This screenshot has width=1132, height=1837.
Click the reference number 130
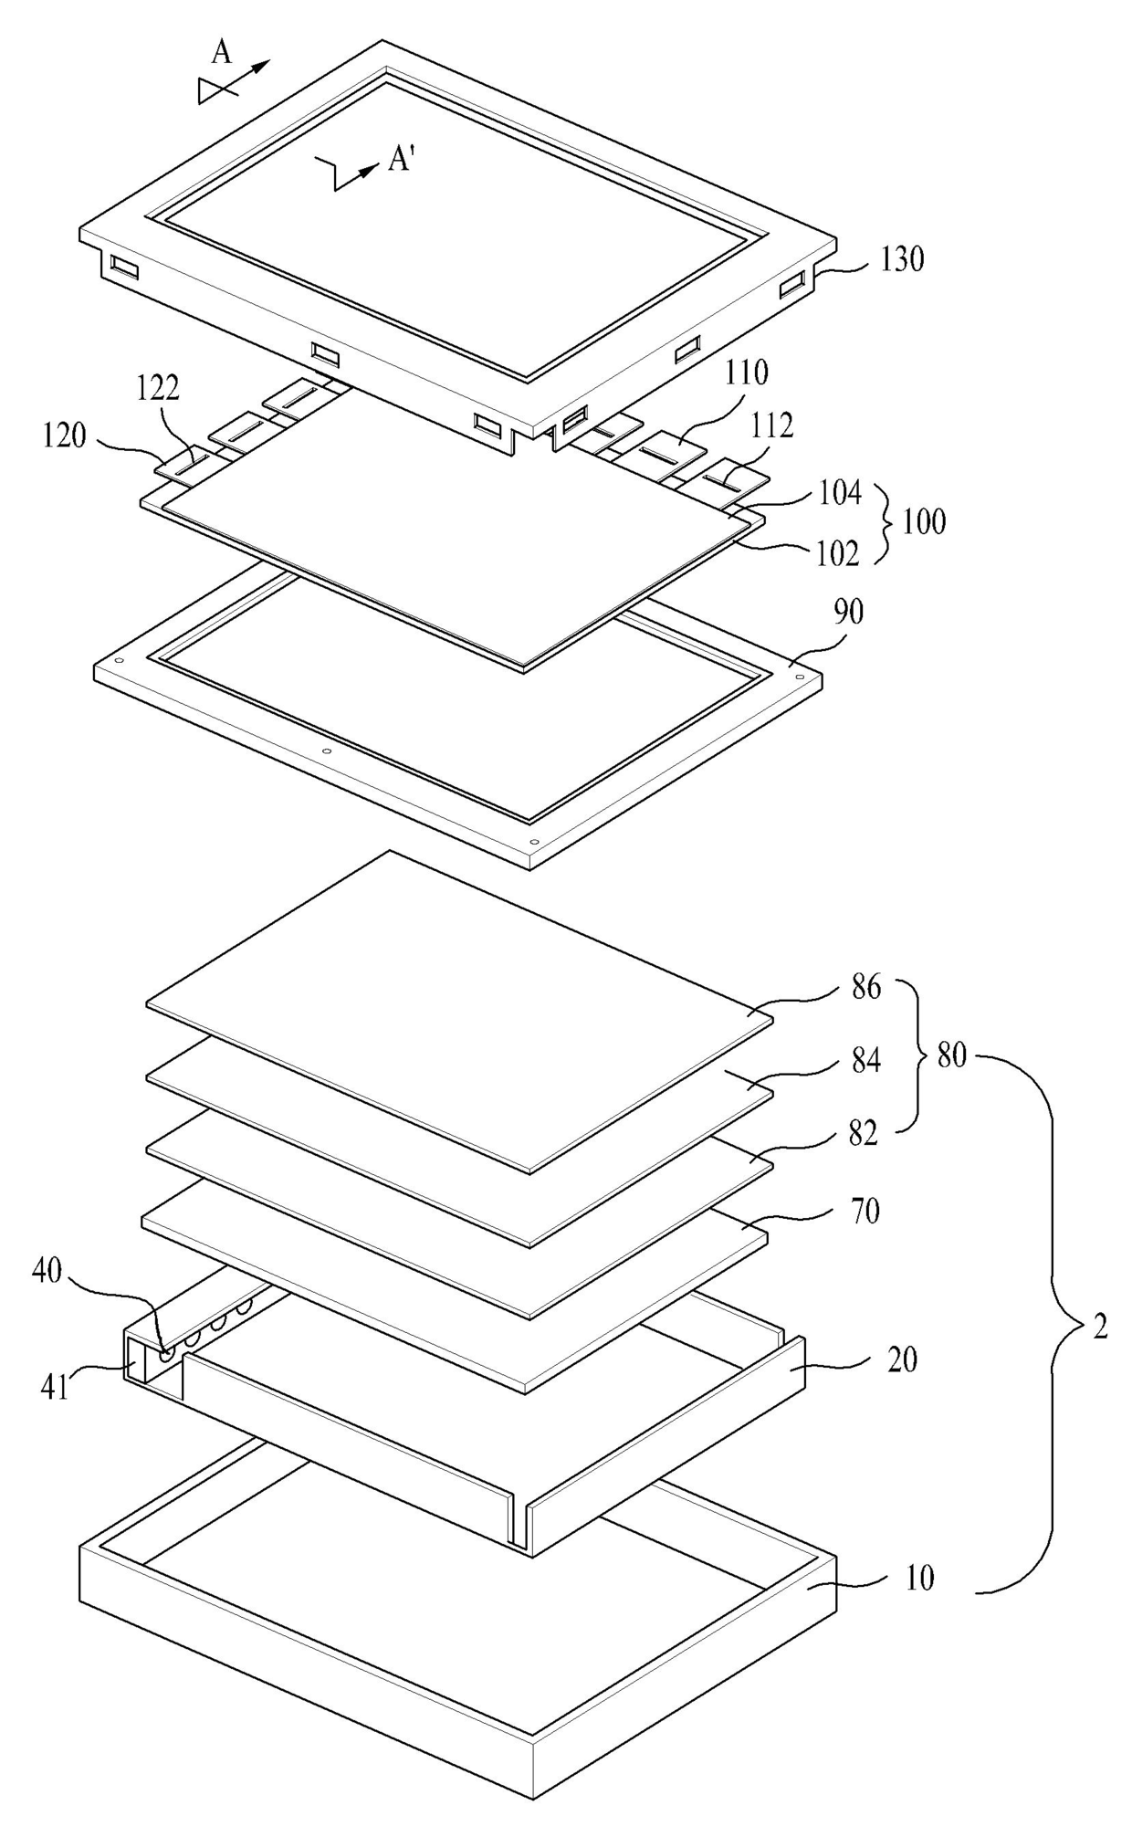pyautogui.click(x=901, y=260)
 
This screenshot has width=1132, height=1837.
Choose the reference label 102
pyautogui.click(x=838, y=552)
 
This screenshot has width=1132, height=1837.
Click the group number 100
pyautogui.click(x=924, y=522)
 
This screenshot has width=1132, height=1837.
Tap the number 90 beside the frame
pyautogui.click(x=848, y=613)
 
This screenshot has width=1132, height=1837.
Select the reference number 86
pyautogui.click(x=865, y=987)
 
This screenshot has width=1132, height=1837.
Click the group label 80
pyautogui.click(x=951, y=1055)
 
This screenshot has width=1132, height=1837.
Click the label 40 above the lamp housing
pyautogui.click(x=47, y=1270)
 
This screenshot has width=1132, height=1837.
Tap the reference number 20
pyautogui.click(x=902, y=1359)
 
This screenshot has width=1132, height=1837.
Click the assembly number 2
pyautogui.click(x=1100, y=1328)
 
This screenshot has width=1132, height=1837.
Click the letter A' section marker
pyautogui.click(x=402, y=161)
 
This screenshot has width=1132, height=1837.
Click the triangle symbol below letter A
pyautogui.click(x=211, y=90)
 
